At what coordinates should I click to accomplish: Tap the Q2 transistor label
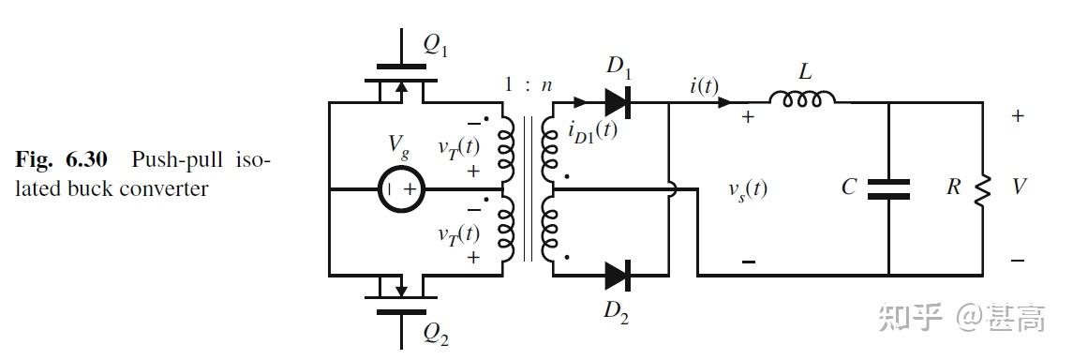point(436,331)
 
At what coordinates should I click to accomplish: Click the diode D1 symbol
point(616,102)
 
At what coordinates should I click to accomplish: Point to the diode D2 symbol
point(616,276)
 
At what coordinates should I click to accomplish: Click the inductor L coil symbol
point(803,97)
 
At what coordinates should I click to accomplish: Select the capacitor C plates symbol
point(888,188)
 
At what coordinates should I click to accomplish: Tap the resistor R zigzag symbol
point(982,189)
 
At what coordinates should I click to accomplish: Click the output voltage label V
point(1019,187)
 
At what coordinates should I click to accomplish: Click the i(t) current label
point(704,86)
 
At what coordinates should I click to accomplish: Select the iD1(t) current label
point(592,130)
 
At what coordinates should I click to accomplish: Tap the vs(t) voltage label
point(747,188)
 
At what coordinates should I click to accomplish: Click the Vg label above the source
point(399,145)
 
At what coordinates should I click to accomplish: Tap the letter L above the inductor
point(804,71)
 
